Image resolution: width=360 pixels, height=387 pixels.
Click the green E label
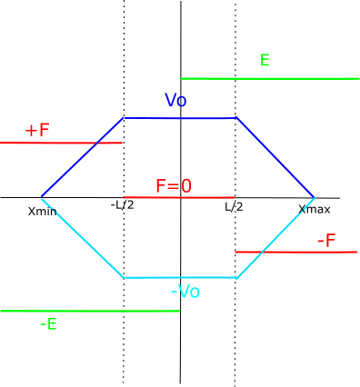click(265, 60)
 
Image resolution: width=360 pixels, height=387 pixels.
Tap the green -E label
click(48, 324)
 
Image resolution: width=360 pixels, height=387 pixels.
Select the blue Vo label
click(175, 100)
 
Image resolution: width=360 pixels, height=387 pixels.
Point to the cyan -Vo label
click(185, 292)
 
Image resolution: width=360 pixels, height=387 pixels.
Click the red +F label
click(37, 130)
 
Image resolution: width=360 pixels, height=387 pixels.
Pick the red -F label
click(326, 241)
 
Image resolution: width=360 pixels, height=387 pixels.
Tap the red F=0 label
click(174, 186)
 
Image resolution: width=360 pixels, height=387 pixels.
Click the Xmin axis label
click(43, 211)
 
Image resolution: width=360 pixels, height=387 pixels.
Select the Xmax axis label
click(315, 209)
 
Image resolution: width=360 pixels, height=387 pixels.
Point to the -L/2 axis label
click(122, 205)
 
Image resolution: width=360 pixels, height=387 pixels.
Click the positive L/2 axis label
click(234, 207)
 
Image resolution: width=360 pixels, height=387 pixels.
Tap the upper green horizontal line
click(270, 79)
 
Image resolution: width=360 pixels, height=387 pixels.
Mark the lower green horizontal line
click(90, 311)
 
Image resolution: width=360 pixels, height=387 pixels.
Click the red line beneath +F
click(61, 143)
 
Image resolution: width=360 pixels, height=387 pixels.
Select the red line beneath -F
click(296, 252)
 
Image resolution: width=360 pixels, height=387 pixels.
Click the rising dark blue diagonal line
click(83, 157)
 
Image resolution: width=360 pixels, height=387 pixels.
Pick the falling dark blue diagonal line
click(275, 157)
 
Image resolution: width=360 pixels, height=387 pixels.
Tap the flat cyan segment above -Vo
click(180, 278)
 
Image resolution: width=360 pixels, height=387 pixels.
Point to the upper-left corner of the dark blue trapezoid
click(124, 117)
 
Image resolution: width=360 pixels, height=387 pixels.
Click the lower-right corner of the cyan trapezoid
click(236, 278)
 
